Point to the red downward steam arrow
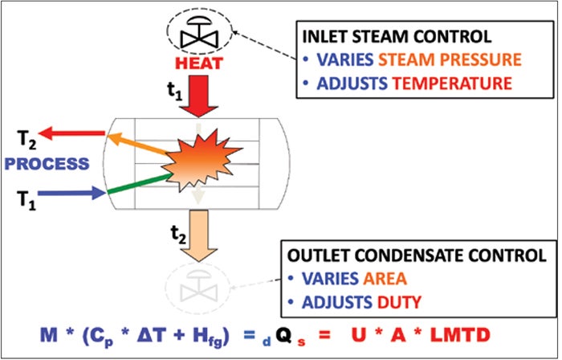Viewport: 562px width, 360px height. [x=196, y=95]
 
